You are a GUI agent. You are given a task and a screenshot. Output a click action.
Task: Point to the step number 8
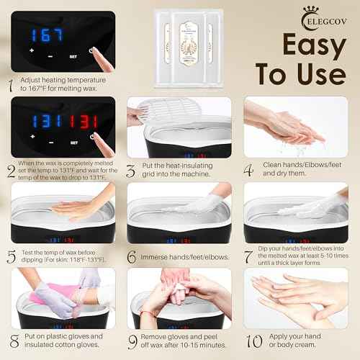tap(12, 341)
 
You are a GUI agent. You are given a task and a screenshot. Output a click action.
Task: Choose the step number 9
tap(132, 341)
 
